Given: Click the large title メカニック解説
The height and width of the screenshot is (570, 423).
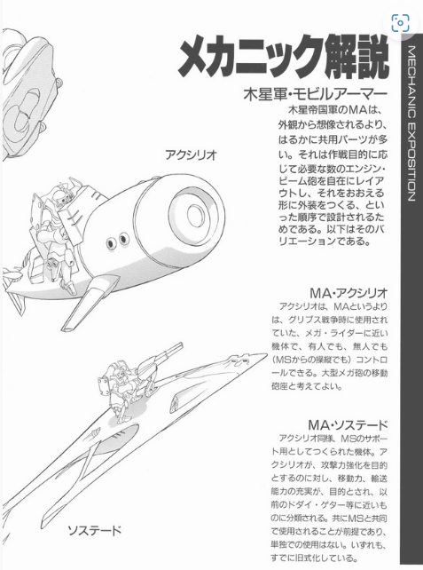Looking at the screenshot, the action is [284, 59].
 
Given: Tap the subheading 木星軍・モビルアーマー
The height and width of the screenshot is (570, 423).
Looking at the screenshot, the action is [316, 94].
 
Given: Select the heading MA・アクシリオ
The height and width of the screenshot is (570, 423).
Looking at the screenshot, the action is [349, 293].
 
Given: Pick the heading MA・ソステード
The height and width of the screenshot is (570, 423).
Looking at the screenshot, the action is [348, 424].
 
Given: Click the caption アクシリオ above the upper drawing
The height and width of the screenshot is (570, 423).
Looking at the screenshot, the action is [191, 154].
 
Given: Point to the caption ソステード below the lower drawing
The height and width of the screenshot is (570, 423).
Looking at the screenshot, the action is [94, 531].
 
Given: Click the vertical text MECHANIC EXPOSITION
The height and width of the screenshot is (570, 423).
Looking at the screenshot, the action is [411, 123].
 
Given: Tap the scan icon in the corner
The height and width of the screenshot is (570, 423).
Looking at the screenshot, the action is [401, 23].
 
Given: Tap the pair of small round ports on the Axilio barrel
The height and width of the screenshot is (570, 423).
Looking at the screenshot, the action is [117, 241].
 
